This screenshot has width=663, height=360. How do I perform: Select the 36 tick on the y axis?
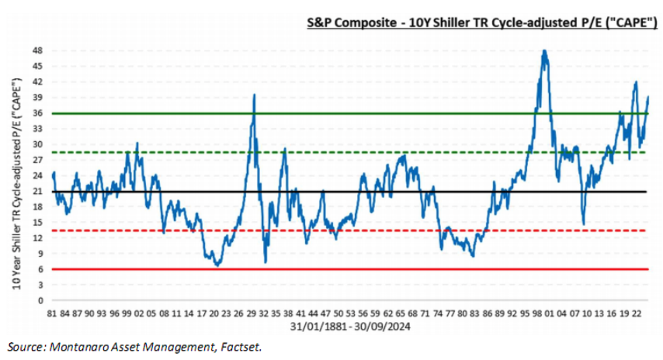point(39,113)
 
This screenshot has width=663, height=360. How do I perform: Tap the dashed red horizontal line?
point(349,230)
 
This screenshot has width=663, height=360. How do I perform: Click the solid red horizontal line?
point(349,269)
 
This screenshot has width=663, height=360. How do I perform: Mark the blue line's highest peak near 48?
point(545,51)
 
